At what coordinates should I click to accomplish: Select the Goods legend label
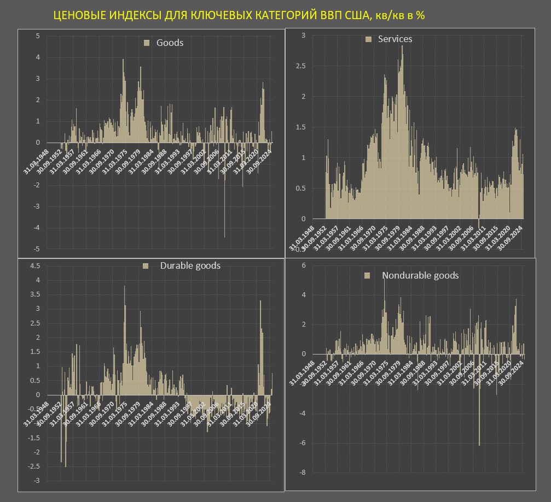[170, 43]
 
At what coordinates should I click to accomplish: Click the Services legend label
[395, 39]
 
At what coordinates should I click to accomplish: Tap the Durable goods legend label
[190, 265]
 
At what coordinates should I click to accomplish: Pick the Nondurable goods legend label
[420, 275]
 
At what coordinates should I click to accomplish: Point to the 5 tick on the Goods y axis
[38, 36]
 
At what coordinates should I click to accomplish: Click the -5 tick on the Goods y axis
[37, 249]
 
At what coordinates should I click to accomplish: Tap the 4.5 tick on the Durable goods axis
[34, 266]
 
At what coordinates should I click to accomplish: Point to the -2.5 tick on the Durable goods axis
[33, 466]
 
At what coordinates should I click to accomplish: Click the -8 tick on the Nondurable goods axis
[303, 472]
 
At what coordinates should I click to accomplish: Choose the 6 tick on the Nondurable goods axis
[304, 265]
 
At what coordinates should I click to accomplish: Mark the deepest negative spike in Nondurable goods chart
[479, 444]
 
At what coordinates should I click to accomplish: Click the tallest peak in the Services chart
[402, 47]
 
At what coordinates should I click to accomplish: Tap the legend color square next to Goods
[146, 43]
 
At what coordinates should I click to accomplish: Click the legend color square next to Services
[368, 39]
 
